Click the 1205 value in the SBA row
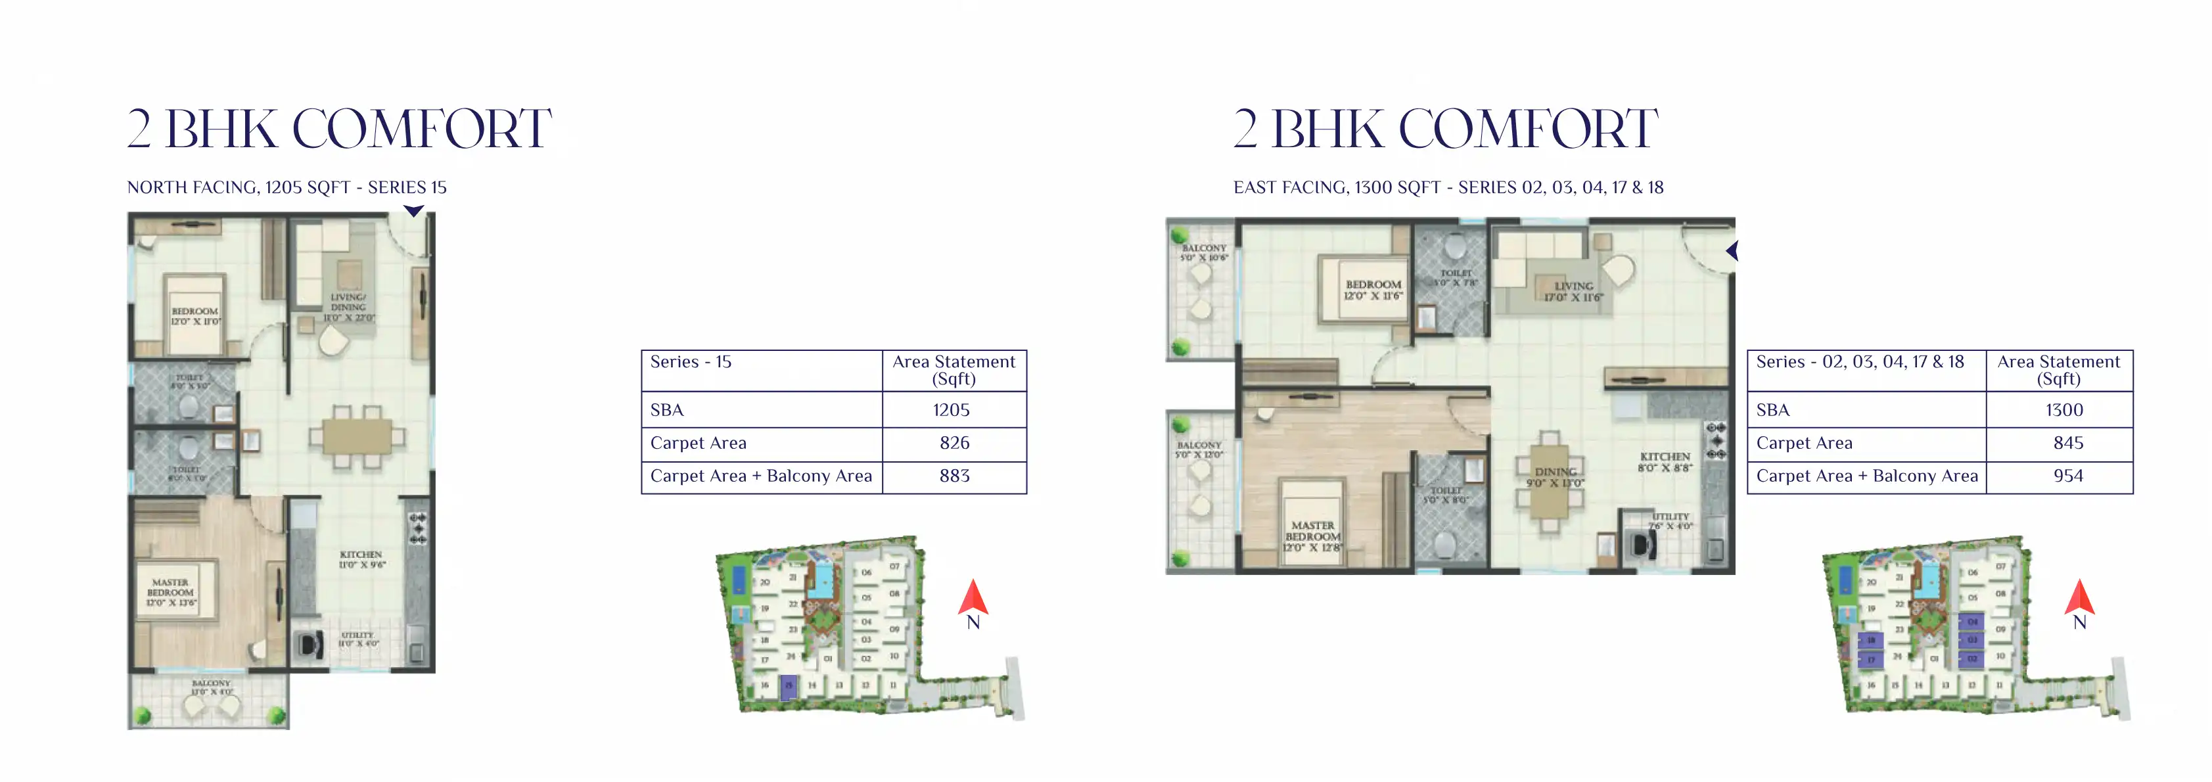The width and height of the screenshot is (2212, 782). pyautogui.click(x=952, y=410)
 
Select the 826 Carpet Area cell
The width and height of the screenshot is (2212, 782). pyautogui.click(x=954, y=443)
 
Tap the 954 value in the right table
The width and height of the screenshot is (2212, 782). pyautogui.click(x=2067, y=476)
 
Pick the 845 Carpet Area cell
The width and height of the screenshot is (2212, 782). pyautogui.click(x=2067, y=443)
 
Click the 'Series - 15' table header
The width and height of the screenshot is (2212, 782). pyautogui.click(x=691, y=362)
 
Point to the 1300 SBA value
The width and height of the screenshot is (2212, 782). pyautogui.click(x=2063, y=410)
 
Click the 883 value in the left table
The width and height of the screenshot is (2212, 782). pyautogui.click(x=954, y=476)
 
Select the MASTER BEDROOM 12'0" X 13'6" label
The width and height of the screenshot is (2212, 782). pyautogui.click(x=171, y=592)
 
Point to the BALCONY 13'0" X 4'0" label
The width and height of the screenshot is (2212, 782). pyautogui.click(x=211, y=687)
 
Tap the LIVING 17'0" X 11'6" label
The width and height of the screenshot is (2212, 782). pyautogui.click(x=1573, y=292)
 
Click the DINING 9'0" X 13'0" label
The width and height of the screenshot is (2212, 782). pyautogui.click(x=1555, y=477)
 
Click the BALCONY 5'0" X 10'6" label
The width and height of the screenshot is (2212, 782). pyautogui.click(x=1204, y=252)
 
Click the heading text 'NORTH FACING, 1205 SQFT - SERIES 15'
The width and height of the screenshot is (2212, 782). pyautogui.click(x=287, y=187)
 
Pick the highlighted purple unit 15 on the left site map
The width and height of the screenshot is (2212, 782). pyautogui.click(x=789, y=685)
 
